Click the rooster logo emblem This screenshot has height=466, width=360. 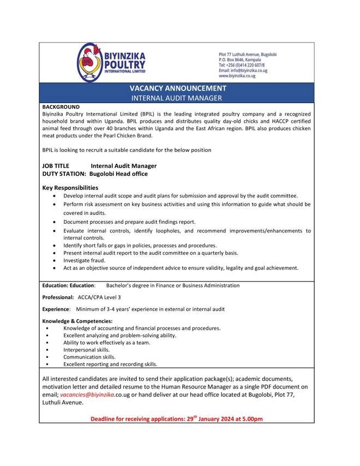coord(90,62)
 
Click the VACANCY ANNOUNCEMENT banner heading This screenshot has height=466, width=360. coord(178,88)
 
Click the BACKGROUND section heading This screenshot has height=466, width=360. coord(61,107)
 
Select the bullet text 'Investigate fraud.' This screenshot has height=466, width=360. coord(84,261)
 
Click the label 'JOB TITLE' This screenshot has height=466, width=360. coord(57,166)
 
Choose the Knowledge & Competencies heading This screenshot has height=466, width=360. coord(77,321)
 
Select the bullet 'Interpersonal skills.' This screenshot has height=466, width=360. coord(86,350)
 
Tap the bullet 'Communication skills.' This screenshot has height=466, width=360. coord(89,357)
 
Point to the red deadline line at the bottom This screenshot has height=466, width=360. coord(177,419)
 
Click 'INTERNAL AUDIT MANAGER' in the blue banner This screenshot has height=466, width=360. coord(177,98)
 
